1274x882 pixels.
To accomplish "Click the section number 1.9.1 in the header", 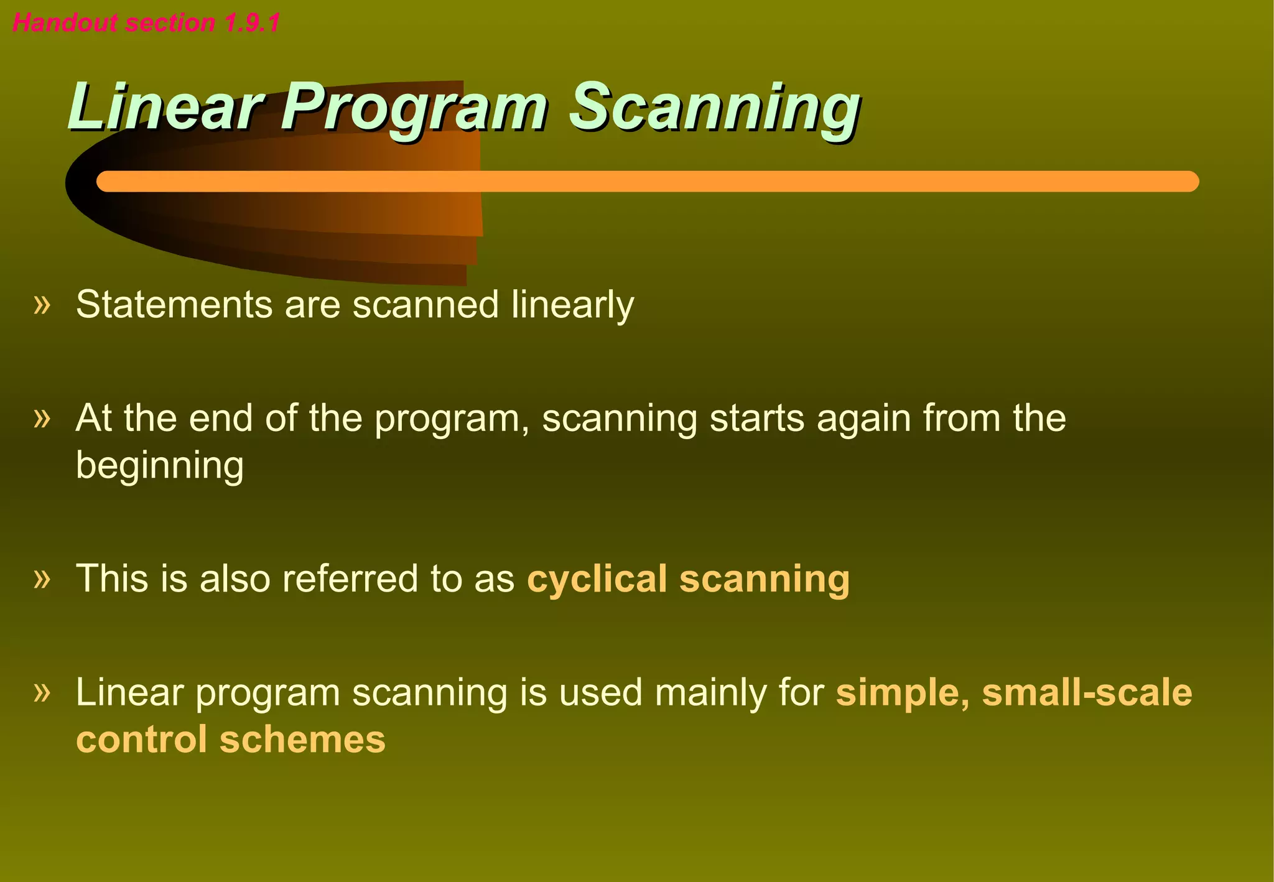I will tap(252, 23).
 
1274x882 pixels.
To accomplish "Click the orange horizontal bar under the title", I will tap(647, 181).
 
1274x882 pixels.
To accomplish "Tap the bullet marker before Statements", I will tap(42, 305).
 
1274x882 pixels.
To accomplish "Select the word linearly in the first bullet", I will tap(572, 305).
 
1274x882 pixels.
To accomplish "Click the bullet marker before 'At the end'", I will tap(42, 418).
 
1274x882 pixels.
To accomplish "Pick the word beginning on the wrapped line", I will tap(160, 467).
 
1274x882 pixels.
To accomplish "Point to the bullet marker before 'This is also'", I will tap(42, 579).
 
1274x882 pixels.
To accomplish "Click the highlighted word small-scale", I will tap(1087, 692).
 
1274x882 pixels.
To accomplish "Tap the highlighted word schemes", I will tap(302, 740).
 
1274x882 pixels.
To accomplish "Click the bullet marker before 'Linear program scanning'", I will tap(42, 692).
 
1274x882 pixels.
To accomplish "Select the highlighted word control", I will tap(141, 740).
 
